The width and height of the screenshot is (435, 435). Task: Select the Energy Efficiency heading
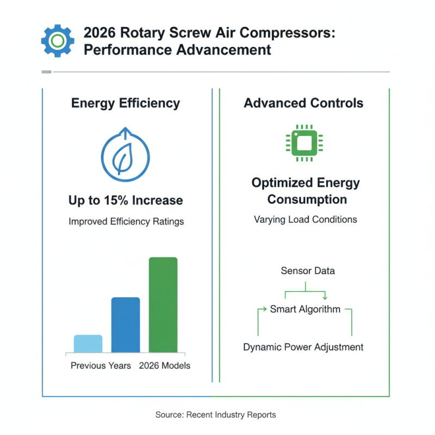click(126, 103)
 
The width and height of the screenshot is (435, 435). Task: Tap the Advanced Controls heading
click(303, 103)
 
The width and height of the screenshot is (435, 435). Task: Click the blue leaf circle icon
click(126, 155)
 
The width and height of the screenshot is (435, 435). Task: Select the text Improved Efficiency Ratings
click(126, 222)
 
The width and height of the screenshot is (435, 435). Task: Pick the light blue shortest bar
click(88, 344)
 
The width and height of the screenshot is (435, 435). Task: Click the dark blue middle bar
click(126, 325)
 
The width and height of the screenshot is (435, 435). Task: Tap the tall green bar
click(163, 305)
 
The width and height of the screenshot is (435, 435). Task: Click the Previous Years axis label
click(101, 365)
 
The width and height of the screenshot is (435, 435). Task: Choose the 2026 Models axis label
click(165, 365)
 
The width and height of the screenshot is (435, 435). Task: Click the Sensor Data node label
click(308, 271)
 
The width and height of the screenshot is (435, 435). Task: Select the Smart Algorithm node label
click(305, 309)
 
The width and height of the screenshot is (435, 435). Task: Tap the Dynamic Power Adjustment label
click(303, 347)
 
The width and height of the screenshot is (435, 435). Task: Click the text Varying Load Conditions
click(305, 220)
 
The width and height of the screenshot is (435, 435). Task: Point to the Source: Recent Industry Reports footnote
click(216, 415)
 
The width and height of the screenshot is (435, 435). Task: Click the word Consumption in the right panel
click(307, 200)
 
